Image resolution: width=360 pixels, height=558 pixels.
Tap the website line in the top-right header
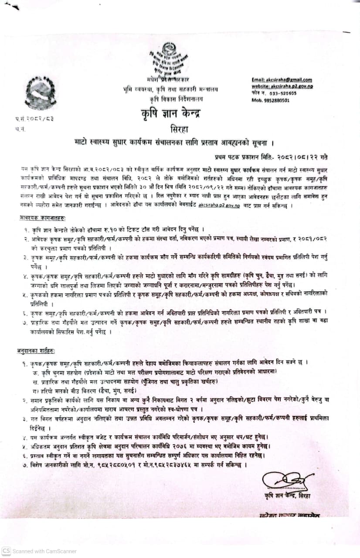pos(282,86)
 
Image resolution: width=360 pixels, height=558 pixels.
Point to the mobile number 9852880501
pos(270,100)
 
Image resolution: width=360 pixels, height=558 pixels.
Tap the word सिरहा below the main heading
pos(180,129)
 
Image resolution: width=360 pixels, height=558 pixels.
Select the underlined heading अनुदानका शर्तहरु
pos(37,351)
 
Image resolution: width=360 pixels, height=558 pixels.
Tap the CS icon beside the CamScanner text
pos(6,551)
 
